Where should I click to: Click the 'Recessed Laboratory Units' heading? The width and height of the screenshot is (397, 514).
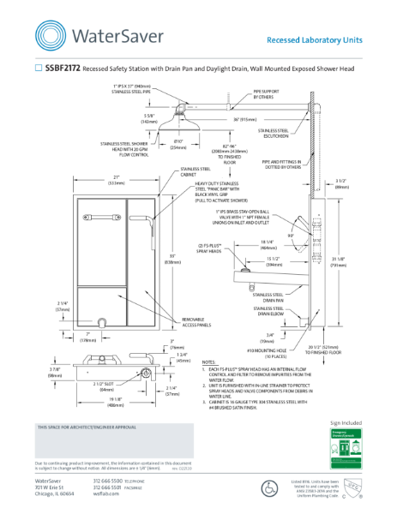coord(315,39)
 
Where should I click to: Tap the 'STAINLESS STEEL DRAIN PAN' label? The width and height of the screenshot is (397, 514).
coord(274,299)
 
